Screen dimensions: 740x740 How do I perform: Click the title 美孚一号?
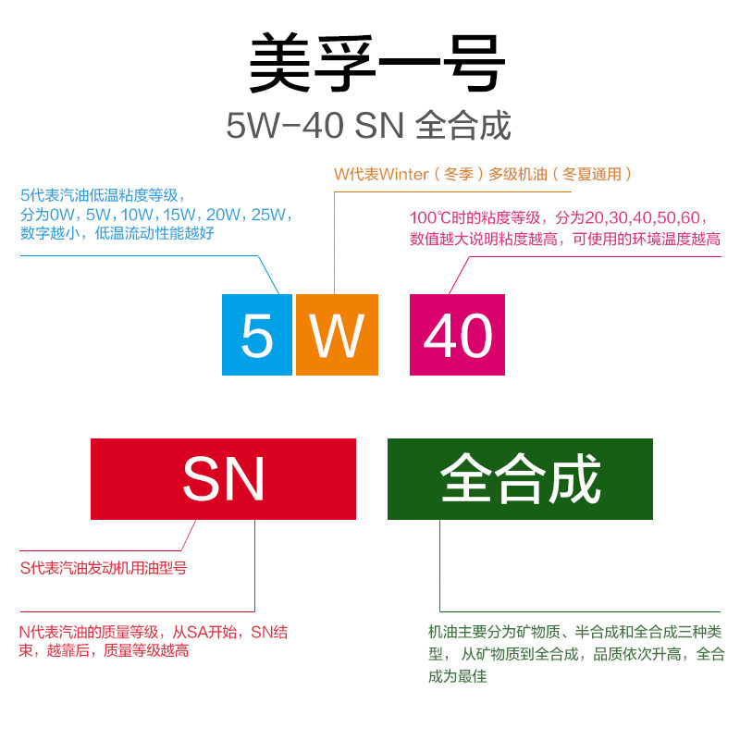377,64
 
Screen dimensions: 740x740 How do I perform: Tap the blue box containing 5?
257,335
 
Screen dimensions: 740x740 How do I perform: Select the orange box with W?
337,335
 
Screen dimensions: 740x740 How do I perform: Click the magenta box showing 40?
457,335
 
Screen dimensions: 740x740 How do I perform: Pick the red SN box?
223,479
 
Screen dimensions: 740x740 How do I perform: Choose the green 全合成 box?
520,479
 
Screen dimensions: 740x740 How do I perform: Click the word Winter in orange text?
404,174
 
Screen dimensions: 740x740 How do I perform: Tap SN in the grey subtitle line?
380,126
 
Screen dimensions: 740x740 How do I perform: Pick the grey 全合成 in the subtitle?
463,126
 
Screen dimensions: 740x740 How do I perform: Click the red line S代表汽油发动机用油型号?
104,568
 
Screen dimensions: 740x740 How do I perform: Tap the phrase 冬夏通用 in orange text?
595,174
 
